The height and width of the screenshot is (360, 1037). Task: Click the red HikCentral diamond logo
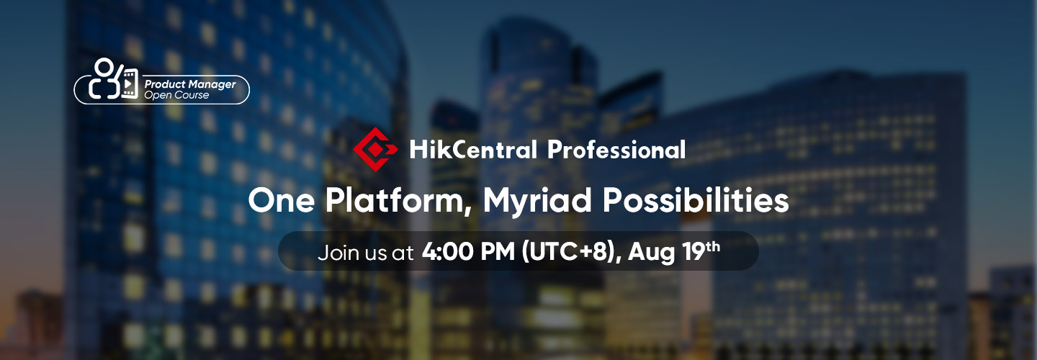375,150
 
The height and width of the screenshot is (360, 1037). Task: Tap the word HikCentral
473,150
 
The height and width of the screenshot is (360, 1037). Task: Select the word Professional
616,150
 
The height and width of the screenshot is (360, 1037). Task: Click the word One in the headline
282,200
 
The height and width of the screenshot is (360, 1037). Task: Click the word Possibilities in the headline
696,200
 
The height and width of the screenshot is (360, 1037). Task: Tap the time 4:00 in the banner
448,252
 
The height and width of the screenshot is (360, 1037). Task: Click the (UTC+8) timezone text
569,252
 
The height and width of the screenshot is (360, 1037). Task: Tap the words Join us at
365,253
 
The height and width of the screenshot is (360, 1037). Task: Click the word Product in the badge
165,84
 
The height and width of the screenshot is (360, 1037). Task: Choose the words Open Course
176,95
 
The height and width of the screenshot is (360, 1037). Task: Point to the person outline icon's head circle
104,67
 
